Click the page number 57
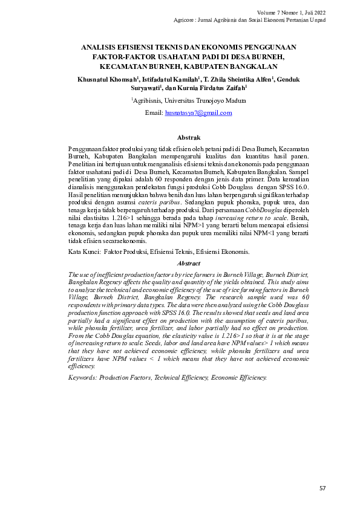click(x=321, y=487)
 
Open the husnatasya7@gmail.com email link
click(x=198, y=113)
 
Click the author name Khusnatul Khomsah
click(x=106, y=79)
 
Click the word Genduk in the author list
click(x=287, y=79)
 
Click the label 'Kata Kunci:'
click(x=83, y=251)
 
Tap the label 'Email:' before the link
click(x=154, y=113)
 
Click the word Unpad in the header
click(x=318, y=21)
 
